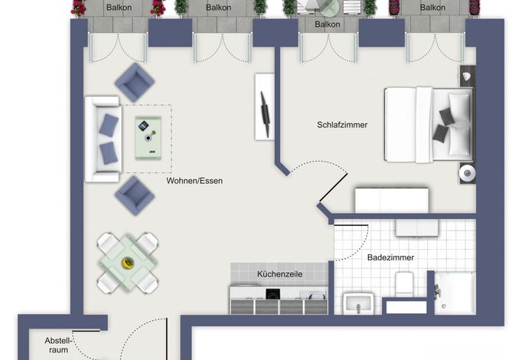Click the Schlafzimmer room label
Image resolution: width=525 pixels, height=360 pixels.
(x=342, y=125)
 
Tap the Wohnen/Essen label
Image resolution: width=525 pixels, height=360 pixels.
(x=194, y=181)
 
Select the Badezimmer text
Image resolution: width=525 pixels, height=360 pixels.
(x=390, y=257)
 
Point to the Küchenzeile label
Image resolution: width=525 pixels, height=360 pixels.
(x=279, y=274)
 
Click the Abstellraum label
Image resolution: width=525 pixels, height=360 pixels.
(x=59, y=345)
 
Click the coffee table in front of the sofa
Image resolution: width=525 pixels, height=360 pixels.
(x=148, y=138)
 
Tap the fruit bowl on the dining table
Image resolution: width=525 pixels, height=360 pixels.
(x=128, y=263)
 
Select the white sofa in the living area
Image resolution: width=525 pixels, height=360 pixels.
(x=103, y=139)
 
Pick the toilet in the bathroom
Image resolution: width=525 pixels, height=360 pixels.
(x=404, y=284)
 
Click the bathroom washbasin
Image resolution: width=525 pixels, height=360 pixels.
(x=358, y=303)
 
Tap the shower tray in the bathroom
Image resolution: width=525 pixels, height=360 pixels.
(x=455, y=293)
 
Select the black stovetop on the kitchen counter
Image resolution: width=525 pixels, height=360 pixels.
(x=273, y=294)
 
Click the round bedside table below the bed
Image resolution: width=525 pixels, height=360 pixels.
(x=467, y=174)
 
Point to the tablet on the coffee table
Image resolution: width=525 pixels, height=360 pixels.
(x=143, y=126)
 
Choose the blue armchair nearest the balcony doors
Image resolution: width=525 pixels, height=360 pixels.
(x=135, y=83)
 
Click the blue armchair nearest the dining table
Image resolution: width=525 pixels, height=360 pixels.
(x=135, y=196)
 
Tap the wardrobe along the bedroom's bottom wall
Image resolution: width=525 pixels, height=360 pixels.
(x=392, y=200)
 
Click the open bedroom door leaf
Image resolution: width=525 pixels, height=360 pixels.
(x=334, y=188)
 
